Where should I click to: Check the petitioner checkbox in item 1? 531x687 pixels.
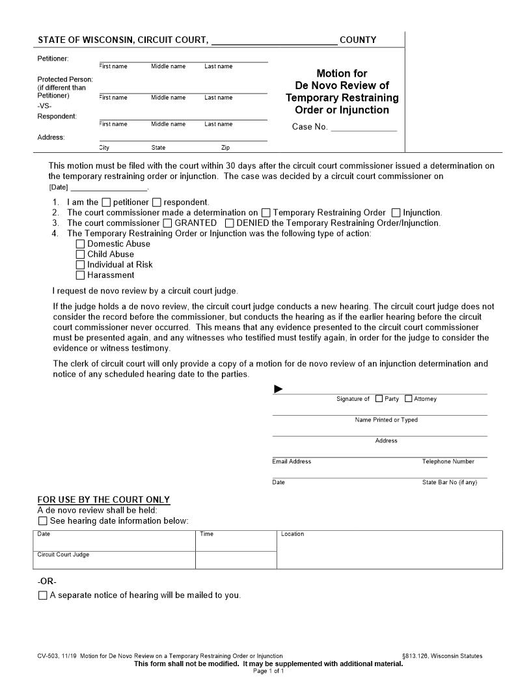pyautogui.click(x=107, y=202)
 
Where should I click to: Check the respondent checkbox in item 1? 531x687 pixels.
pyautogui.click(x=158, y=202)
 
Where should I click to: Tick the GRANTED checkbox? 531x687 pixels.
pyautogui.click(x=168, y=223)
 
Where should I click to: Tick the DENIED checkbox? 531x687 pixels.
pyautogui.click(x=230, y=223)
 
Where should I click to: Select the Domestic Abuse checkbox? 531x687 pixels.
pyautogui.click(x=81, y=244)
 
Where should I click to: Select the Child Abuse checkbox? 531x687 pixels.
pyautogui.click(x=81, y=254)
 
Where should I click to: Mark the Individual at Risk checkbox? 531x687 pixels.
pyautogui.click(x=81, y=265)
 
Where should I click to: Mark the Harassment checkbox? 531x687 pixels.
pyautogui.click(x=81, y=275)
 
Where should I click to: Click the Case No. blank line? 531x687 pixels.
pyautogui.click(x=363, y=127)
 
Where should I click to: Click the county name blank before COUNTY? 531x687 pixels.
pyautogui.click(x=274, y=40)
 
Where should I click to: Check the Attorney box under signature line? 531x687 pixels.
pyautogui.click(x=409, y=399)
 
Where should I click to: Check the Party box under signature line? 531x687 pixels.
pyautogui.click(x=379, y=399)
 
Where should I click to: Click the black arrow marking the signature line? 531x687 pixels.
pyautogui.click(x=279, y=389)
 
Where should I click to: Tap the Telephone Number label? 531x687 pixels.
pyautogui.click(x=448, y=461)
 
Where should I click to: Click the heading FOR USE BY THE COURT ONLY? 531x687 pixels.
pyautogui.click(x=103, y=500)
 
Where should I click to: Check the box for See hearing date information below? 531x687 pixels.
pyautogui.click(x=43, y=521)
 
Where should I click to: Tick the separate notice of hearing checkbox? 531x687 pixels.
pyautogui.click(x=43, y=595)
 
